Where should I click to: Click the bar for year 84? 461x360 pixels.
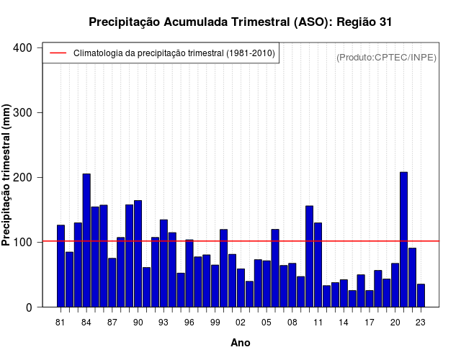86,240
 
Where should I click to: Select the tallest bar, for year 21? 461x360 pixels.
403,240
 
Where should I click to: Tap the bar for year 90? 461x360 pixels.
138,253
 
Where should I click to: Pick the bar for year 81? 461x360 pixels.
61,266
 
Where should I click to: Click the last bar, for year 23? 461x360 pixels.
421,295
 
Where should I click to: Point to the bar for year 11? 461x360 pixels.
318,265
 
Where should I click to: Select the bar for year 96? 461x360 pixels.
189,274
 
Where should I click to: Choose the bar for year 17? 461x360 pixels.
370,299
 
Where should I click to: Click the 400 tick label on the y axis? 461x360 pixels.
22,48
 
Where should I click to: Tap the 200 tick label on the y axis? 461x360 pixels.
22,178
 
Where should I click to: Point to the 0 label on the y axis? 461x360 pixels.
29,307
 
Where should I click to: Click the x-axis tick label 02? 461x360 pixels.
241,323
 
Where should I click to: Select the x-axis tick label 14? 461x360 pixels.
344,323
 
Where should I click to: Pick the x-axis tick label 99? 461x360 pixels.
215,323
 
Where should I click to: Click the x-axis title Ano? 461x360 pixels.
241,343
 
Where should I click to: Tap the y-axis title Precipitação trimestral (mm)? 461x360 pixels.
6,175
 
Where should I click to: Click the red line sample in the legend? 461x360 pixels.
58,53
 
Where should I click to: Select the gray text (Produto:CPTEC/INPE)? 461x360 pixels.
386,58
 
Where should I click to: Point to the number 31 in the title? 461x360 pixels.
385,22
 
